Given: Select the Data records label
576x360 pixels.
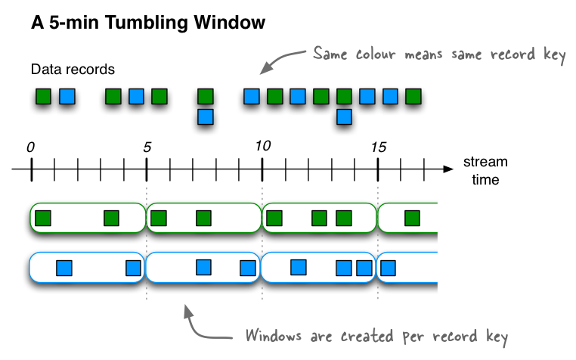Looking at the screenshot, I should tap(73, 70).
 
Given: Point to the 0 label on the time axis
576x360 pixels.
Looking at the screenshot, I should tap(30, 147).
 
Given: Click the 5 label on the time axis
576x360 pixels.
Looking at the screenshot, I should tap(147, 147).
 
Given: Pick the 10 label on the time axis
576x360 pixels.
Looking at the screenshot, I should tap(262, 147).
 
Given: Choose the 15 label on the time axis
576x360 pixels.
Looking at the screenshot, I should tap(378, 147).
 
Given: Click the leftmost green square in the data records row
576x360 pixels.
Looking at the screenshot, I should tap(44, 96).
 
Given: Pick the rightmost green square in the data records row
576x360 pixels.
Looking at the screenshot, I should tap(413, 96).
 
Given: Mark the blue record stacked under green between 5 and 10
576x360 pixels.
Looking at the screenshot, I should tap(205, 116).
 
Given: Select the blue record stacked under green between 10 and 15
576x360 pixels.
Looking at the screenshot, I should tap(344, 116).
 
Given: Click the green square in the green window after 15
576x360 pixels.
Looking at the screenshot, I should tap(412, 219).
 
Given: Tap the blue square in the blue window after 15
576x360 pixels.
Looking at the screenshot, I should tap(388, 267).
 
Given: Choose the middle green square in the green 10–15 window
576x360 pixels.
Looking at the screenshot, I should tap(320, 219).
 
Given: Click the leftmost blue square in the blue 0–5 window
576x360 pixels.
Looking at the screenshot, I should tap(64, 267).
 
